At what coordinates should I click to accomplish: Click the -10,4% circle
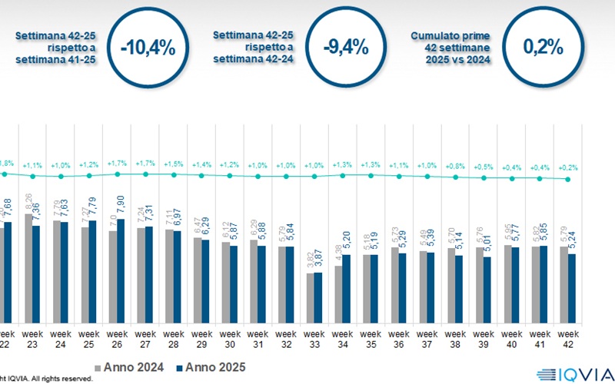(148, 48)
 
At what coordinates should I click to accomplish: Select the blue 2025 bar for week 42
(571, 287)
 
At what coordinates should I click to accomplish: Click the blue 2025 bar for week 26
(121, 270)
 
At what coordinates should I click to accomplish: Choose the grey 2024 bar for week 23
(29, 266)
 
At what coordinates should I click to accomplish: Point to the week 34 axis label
(341, 339)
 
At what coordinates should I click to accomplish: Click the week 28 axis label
(173, 339)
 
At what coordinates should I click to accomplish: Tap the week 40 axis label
(510, 339)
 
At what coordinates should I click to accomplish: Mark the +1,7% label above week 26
(116, 164)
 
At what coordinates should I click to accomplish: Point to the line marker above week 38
(454, 177)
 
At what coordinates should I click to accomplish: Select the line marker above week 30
(229, 176)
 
